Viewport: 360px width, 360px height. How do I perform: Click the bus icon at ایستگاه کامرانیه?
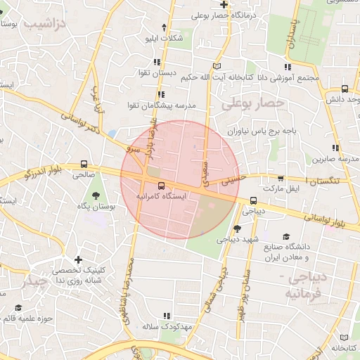coord(162,186)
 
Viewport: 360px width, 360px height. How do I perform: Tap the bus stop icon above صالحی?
coord(84,162)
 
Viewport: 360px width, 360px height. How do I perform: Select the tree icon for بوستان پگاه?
coord(95,195)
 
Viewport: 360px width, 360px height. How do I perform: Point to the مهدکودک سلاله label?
coord(167,327)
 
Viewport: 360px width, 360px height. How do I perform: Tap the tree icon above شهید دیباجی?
coord(237,228)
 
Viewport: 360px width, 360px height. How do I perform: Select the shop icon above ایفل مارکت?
coord(281,179)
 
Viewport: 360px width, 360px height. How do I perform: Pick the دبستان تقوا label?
coord(155,72)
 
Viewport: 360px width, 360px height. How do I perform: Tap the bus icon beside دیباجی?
coord(253,200)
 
